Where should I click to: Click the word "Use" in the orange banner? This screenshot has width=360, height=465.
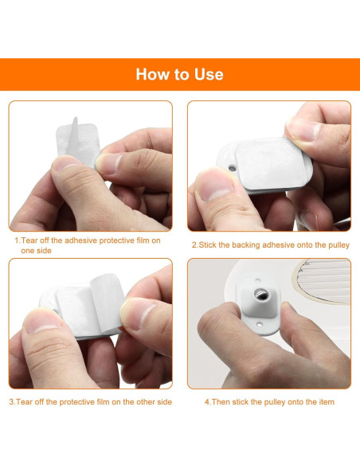coord(209,74)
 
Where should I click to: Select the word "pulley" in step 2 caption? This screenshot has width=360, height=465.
coord(338,245)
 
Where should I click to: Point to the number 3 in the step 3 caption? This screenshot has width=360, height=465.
coord(12,402)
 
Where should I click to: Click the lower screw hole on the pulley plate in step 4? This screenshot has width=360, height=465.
coord(260,325)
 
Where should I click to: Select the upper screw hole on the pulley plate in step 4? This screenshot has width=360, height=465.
coord(258,279)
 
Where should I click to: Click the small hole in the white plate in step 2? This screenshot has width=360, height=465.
coord(233,169)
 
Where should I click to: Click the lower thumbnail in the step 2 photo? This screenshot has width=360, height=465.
coord(214,184)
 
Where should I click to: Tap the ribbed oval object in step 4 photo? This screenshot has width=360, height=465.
coord(323,281)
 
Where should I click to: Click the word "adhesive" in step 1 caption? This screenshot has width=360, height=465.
coord(80,240)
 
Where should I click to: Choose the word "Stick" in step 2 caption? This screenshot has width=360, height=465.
coord(207,245)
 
